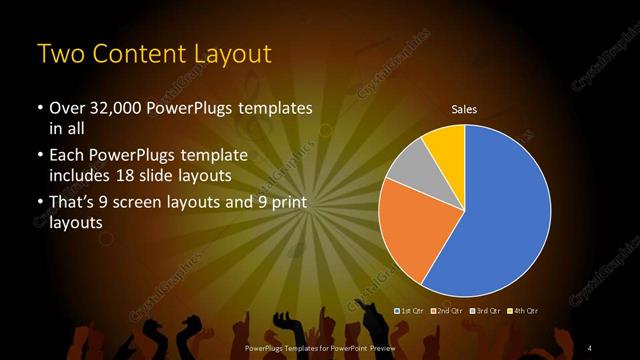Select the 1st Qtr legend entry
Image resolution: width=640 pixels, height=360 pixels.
414,311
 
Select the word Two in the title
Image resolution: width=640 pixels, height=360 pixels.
60,53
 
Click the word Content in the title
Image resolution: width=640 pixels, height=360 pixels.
137,53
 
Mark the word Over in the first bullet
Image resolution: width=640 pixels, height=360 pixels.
68,109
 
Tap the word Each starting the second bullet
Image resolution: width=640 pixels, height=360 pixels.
68,157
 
